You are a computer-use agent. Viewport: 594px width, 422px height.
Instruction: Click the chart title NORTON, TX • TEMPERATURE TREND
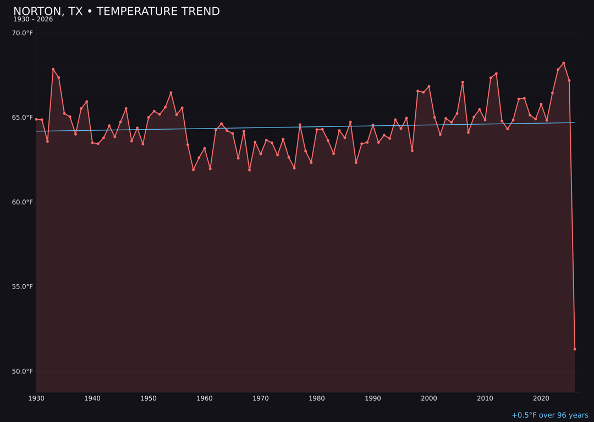coord(117,12)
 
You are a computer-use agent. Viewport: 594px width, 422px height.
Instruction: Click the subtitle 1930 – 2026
coord(33,19)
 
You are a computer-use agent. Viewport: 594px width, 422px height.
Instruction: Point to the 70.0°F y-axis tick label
coord(23,33)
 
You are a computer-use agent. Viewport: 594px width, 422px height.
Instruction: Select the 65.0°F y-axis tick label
coord(23,118)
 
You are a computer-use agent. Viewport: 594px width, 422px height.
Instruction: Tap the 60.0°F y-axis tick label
coord(23,202)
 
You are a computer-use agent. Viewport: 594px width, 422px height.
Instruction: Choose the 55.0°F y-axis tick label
coord(23,287)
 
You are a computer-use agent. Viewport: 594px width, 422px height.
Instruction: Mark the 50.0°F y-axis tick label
coord(23,371)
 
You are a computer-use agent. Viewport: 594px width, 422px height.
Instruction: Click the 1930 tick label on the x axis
coord(36,398)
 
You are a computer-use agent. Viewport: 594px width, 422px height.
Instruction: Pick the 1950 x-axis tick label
coord(148,398)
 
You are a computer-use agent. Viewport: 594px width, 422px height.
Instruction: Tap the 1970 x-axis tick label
coord(261,398)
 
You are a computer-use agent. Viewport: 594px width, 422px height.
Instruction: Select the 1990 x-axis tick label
coord(373,398)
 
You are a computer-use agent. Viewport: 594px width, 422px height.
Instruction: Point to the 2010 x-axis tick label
coord(485,398)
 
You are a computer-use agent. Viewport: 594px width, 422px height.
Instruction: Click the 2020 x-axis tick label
coord(541,398)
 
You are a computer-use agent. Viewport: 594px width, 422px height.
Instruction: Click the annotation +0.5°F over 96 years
coord(549,415)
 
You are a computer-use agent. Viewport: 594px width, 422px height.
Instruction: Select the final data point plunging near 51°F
coord(575,349)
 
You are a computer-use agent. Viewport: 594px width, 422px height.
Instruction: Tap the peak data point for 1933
coord(53,69)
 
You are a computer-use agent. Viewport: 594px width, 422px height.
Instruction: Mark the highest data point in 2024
coord(563,63)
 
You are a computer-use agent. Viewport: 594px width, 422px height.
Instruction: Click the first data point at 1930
coord(36,119)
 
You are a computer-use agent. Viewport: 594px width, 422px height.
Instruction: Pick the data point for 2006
coord(463,82)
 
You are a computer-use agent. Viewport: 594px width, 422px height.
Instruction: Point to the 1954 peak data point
coord(171,93)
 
